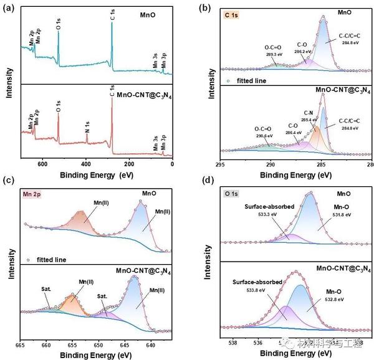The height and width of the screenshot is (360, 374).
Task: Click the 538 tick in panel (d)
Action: pyautogui.click(x=234, y=342)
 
